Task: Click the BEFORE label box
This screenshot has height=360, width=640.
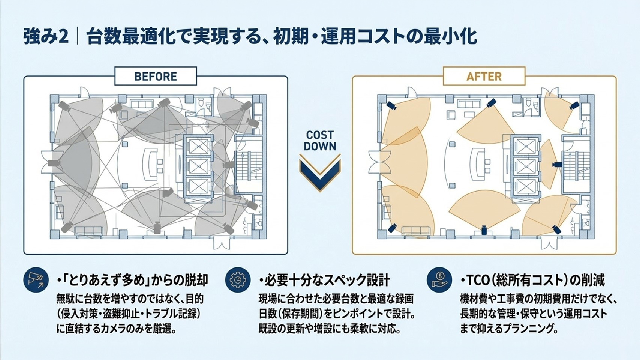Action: click(x=156, y=76)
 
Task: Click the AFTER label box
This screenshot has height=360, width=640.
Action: click(x=484, y=76)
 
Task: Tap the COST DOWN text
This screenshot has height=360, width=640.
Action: click(x=320, y=141)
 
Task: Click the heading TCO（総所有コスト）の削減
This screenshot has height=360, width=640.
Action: click(x=532, y=280)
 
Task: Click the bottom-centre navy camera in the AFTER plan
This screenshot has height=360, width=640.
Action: click(x=484, y=230)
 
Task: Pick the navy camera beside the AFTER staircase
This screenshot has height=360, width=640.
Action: click(x=556, y=165)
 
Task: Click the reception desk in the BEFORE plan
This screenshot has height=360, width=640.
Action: click(x=151, y=164)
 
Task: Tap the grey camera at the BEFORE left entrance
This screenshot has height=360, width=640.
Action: click(x=54, y=163)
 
